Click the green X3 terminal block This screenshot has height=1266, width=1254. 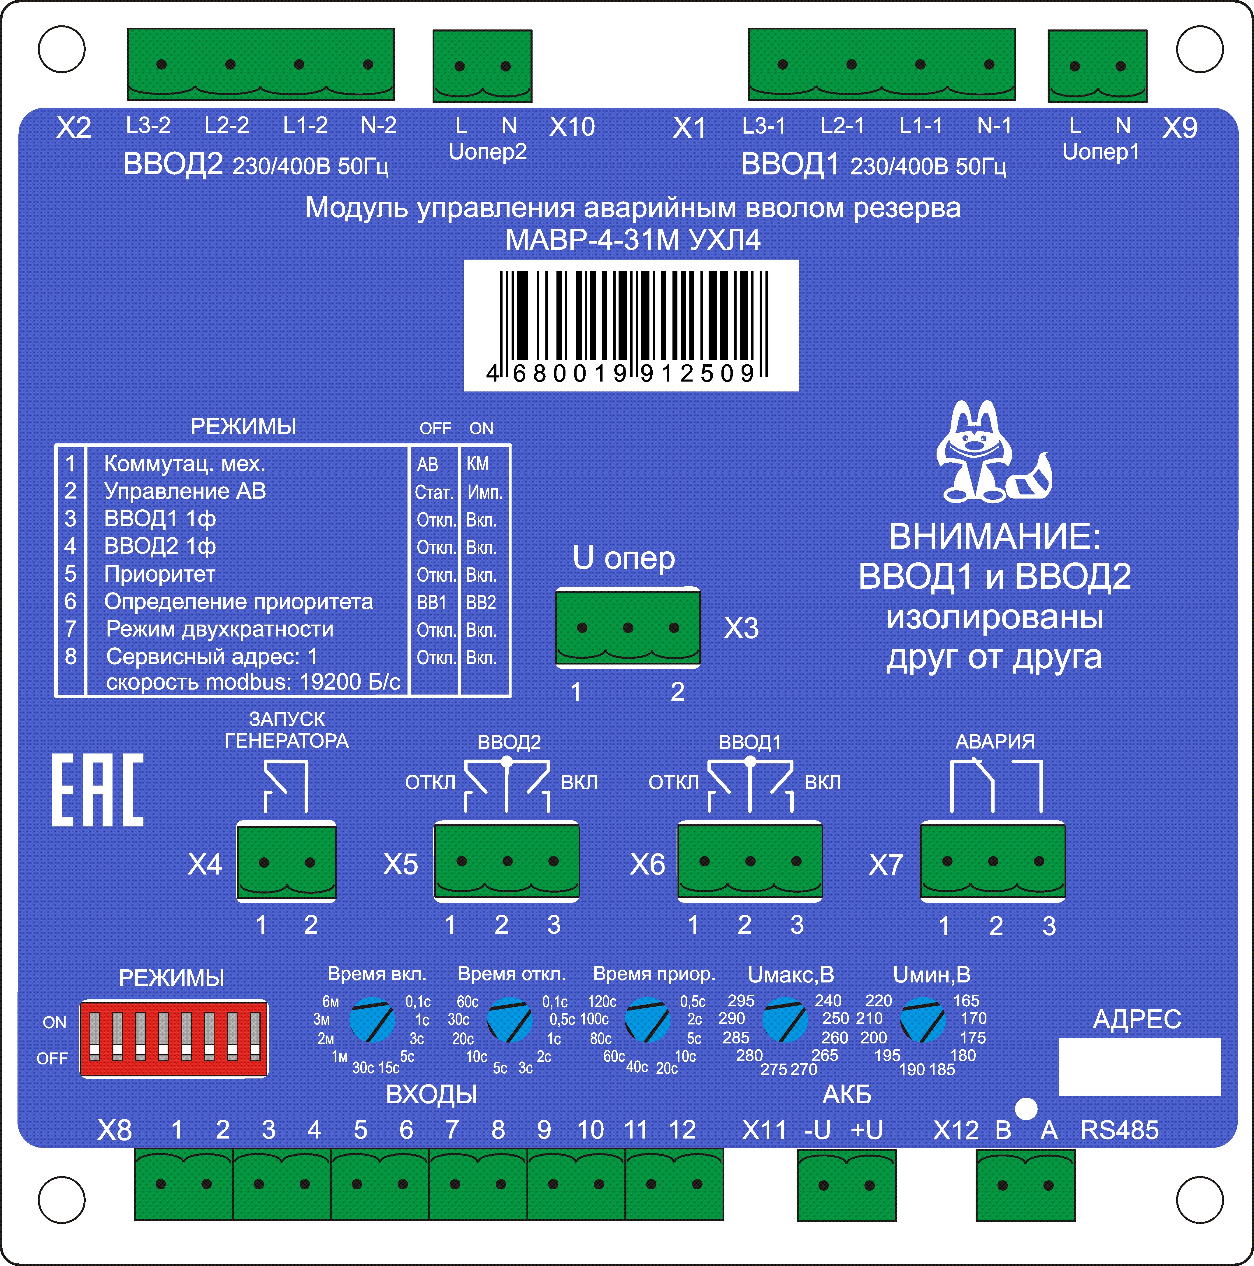(628, 628)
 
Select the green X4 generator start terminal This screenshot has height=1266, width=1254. (286, 862)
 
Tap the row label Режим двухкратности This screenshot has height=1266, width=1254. (220, 629)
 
